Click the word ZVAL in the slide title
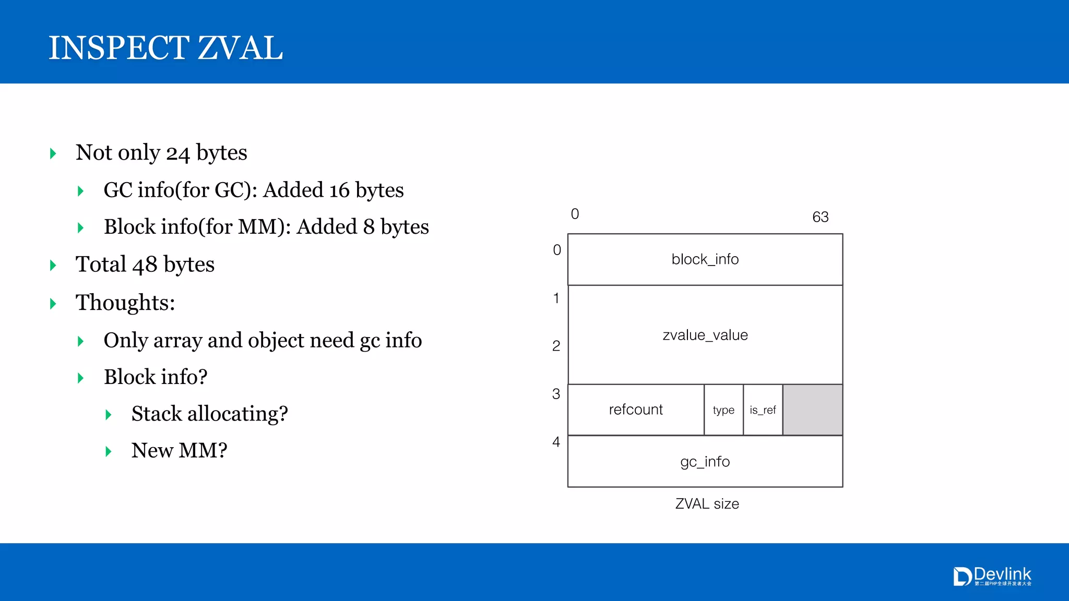pyautogui.click(x=240, y=48)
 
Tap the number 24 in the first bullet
pyautogui.click(x=178, y=153)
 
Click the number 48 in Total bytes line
pyautogui.click(x=145, y=265)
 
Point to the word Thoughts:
pyautogui.click(x=125, y=303)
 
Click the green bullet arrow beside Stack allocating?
pyautogui.click(x=109, y=415)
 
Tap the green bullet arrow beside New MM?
pyautogui.click(x=109, y=451)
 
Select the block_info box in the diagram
pyautogui.click(x=705, y=259)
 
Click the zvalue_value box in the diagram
pyautogui.click(x=705, y=334)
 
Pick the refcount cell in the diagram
pyautogui.click(x=636, y=410)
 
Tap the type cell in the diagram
pyautogui.click(x=723, y=410)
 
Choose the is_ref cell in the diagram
pyautogui.click(x=763, y=410)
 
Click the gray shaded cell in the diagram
pyautogui.click(x=812, y=410)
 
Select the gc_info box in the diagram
pyautogui.click(x=705, y=462)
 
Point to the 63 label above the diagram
pyautogui.click(x=820, y=217)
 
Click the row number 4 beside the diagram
pyautogui.click(x=556, y=442)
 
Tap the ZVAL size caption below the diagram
pyautogui.click(x=707, y=504)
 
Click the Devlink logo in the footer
pyautogui.click(x=992, y=576)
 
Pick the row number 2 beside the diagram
pyautogui.click(x=556, y=346)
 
